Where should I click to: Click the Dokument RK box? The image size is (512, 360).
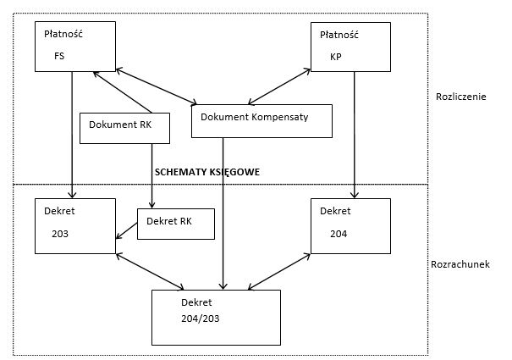pyautogui.click(x=124, y=128)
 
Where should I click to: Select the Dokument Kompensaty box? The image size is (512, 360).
pyautogui.click(x=262, y=121)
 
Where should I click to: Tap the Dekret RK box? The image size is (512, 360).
pyautogui.click(x=176, y=224)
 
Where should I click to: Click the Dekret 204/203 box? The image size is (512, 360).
pyautogui.click(x=216, y=318)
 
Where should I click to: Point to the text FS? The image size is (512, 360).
pyautogui.click(x=59, y=56)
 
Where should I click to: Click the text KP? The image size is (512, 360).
pyautogui.click(x=336, y=57)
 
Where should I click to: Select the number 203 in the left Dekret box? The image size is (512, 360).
pyautogui.click(x=60, y=234)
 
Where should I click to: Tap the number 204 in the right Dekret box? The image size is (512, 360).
pyautogui.click(x=339, y=234)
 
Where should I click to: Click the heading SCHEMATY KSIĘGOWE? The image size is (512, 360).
pyautogui.click(x=207, y=172)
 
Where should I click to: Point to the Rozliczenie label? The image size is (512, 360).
pyautogui.click(x=461, y=97)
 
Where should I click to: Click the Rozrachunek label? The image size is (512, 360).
pyautogui.click(x=460, y=264)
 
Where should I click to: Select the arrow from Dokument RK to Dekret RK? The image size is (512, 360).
pyautogui.click(x=151, y=175)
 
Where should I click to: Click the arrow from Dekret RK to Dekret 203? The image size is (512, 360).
pyautogui.click(x=127, y=231)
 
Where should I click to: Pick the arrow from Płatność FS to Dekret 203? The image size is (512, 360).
pyautogui.click(x=72, y=135)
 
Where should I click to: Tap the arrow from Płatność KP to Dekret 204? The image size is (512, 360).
pyautogui.click(x=355, y=135)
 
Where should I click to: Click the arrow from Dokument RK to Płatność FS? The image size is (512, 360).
pyautogui.click(x=123, y=92)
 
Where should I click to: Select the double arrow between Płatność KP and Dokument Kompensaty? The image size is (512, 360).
pyautogui.click(x=279, y=86)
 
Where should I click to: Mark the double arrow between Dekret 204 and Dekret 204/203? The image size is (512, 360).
pyautogui.click(x=279, y=271)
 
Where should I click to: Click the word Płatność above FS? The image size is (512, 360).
pyautogui.click(x=63, y=34)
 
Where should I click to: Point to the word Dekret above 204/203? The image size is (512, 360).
pyautogui.click(x=196, y=302)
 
